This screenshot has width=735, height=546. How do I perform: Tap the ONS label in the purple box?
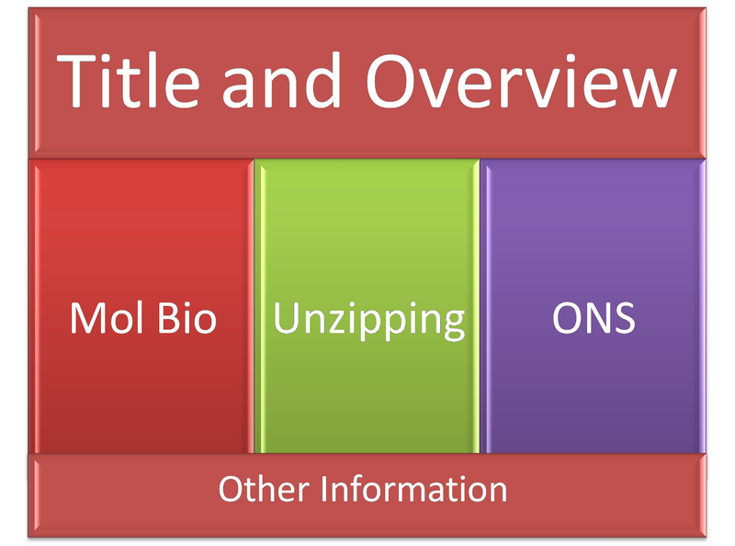[594, 319]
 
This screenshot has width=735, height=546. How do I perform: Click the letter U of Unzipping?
[287, 319]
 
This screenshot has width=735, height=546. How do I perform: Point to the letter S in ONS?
[624, 319]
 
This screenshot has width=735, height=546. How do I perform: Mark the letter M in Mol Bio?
[87, 319]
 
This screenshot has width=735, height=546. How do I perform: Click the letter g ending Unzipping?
[453, 324]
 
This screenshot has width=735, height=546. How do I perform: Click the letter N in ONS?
[595, 319]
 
